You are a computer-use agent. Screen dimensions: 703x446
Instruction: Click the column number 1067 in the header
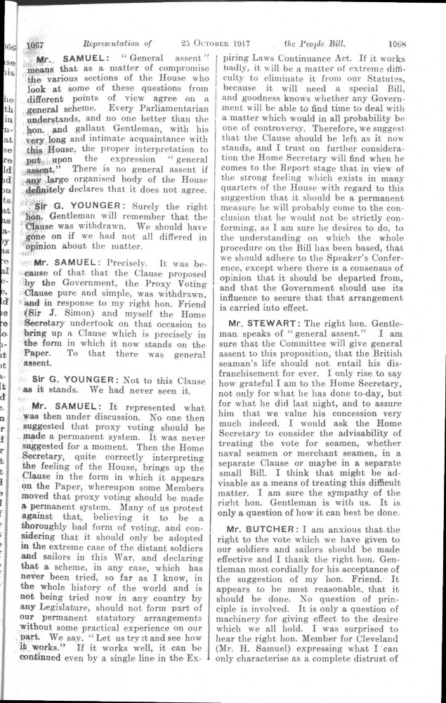(35, 43)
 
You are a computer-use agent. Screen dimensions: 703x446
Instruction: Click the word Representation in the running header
(108, 43)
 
